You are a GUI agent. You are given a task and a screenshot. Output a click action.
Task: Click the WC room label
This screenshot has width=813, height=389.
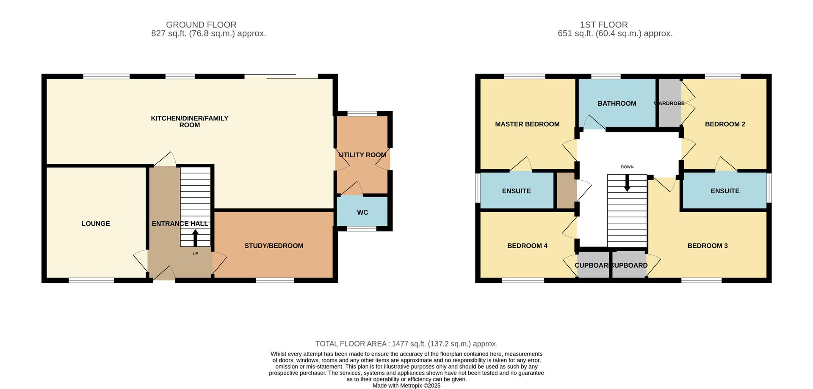pos(362,212)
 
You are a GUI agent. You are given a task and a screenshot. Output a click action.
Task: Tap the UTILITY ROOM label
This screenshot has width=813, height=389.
pos(362,155)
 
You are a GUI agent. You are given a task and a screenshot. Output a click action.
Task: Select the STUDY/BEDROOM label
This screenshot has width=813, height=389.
pos(274,246)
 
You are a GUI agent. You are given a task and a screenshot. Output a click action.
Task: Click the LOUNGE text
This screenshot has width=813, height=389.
pos(96,223)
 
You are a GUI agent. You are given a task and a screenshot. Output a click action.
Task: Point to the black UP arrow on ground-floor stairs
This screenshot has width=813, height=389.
pos(195,238)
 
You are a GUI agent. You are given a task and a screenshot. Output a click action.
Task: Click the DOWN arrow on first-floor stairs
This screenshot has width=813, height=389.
pos(627,183)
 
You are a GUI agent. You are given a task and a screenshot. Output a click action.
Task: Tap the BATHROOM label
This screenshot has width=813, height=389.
pos(617,103)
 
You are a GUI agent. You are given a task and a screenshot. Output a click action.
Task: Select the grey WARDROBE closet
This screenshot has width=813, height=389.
pos(669,103)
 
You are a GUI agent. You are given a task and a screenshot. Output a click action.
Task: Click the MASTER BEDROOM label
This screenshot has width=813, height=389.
pos(527,124)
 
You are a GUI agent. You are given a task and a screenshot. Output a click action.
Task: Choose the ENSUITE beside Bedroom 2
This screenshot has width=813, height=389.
pos(725,191)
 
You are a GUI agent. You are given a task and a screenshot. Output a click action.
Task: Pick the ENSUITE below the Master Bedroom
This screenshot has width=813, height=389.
pos(516,191)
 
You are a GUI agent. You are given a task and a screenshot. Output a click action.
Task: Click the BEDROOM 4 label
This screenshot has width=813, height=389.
pos(527,246)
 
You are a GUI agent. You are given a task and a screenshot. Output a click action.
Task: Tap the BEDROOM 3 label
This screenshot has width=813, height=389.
pos(708,246)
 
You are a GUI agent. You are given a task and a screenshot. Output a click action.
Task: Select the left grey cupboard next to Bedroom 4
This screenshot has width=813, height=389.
pos(593,265)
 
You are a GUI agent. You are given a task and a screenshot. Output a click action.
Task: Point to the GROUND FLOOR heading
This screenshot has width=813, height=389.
pos(201,25)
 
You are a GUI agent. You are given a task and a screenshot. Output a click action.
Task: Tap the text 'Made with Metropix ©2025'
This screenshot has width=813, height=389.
pos(406,386)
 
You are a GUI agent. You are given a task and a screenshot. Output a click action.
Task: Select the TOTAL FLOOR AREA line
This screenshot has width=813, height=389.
pos(406,344)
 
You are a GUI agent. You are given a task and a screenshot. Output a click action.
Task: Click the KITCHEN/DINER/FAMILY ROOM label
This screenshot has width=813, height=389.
pos(189,121)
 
